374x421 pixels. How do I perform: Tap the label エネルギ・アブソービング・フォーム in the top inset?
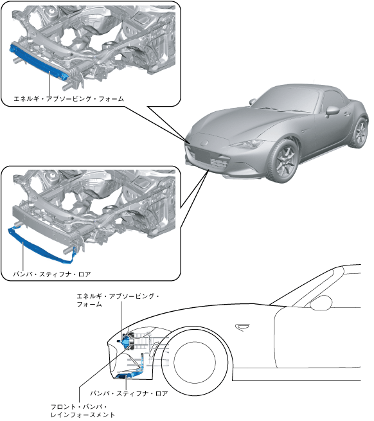69,99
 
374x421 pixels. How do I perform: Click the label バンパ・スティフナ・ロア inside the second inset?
52,274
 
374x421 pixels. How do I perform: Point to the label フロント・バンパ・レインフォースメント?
83,411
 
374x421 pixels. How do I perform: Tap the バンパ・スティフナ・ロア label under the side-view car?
129,393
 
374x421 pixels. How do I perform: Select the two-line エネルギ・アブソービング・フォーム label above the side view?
118,300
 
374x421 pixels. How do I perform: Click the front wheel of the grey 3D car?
285,160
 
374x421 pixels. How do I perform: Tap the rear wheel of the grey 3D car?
360,132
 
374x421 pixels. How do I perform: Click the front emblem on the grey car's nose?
206,142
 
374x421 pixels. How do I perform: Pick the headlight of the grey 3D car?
248,144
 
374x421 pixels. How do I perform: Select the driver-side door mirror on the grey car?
332,111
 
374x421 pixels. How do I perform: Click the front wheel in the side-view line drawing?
194,363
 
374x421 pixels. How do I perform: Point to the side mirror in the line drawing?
321,303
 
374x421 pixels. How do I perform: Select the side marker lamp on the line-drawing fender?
242,327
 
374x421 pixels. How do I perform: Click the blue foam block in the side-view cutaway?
125,341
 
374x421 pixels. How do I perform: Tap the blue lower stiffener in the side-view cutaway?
130,370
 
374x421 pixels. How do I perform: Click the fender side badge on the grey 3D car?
304,130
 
